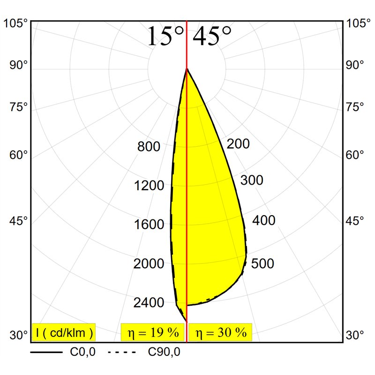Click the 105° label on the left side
pos(15,24)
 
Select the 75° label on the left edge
pos(19,107)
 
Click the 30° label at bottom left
pos(19,335)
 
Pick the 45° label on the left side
pos(19,220)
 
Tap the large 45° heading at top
pos(212,36)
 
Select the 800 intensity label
pos(149,146)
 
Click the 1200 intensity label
pos(149,185)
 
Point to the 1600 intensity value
pos(149,225)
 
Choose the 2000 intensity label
pos(149,263)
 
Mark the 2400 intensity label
pos(149,302)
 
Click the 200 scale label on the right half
pos(238,144)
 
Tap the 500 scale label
pos(262,263)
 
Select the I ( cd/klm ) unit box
pos(64,332)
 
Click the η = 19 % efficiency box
pos(153,332)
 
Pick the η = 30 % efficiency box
pos(220,332)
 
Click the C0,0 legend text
pos(83,352)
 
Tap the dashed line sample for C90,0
pos(122,352)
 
